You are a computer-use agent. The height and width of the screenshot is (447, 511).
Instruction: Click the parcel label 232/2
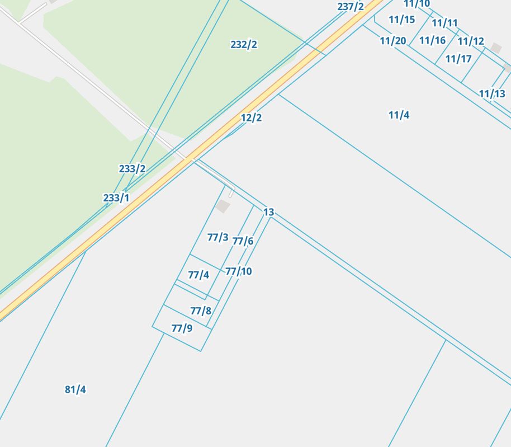pyautogui.click(x=244, y=45)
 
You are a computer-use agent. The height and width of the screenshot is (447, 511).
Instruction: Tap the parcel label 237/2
pyautogui.click(x=351, y=7)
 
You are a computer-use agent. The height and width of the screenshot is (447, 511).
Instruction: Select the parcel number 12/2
pyautogui.click(x=251, y=117)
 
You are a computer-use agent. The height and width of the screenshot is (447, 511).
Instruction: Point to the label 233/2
pyautogui.click(x=132, y=169)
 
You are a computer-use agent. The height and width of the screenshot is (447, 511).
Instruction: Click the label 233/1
pyautogui.click(x=116, y=198)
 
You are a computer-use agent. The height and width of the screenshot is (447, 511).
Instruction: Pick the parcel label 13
pyautogui.click(x=269, y=212)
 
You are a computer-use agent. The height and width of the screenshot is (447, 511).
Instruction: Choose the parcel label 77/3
pyautogui.click(x=217, y=237)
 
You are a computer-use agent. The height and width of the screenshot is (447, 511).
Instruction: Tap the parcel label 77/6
pyautogui.click(x=243, y=241)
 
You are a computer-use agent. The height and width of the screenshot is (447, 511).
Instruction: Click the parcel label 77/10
pyautogui.click(x=239, y=271)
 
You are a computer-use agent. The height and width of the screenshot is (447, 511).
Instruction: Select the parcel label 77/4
pyautogui.click(x=198, y=275)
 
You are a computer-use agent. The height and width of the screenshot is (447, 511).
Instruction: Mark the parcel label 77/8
pyautogui.click(x=201, y=310)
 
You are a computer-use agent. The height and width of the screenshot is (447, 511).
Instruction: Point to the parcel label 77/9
pyautogui.click(x=182, y=328)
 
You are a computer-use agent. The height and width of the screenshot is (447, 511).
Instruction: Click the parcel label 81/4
pyautogui.click(x=75, y=389)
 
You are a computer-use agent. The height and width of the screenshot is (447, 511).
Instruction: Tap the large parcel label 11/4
pyautogui.click(x=399, y=115)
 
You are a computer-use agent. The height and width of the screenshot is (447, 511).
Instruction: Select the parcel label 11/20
pyautogui.click(x=393, y=41)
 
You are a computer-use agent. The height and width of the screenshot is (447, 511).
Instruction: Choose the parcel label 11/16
pyautogui.click(x=433, y=40)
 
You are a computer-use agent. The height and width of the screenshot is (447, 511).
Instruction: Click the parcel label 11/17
pyautogui.click(x=458, y=59)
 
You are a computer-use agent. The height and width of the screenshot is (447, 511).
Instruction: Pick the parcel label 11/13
pyautogui.click(x=492, y=94)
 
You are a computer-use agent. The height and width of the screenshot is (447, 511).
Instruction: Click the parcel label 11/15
pyautogui.click(x=402, y=20)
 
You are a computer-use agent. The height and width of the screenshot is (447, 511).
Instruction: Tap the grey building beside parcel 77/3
pyautogui.click(x=223, y=206)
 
